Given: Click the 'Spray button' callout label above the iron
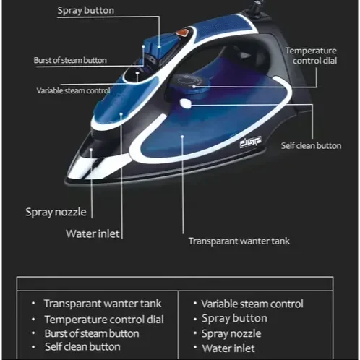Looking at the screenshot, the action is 86,11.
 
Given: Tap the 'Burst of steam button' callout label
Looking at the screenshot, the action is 70,60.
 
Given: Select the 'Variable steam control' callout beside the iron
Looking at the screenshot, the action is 73,90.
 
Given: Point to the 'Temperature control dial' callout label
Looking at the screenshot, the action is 311,56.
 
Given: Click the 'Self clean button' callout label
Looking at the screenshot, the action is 311,146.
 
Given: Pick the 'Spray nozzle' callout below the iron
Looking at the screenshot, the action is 56,213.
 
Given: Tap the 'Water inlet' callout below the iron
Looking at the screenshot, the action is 93,233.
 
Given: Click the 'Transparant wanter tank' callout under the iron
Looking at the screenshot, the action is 239,241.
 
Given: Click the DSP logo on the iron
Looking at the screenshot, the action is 250,142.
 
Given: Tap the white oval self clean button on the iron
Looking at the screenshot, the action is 186,103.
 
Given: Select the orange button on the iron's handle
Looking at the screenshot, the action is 182,33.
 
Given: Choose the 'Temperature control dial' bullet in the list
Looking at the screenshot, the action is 104,320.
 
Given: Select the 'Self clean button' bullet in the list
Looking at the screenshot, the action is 82,347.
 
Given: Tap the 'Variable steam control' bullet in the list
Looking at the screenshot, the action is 252,304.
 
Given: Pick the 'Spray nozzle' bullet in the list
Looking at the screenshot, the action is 231,334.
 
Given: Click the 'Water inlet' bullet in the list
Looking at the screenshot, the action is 228,348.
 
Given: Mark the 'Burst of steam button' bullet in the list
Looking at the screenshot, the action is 92,333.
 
